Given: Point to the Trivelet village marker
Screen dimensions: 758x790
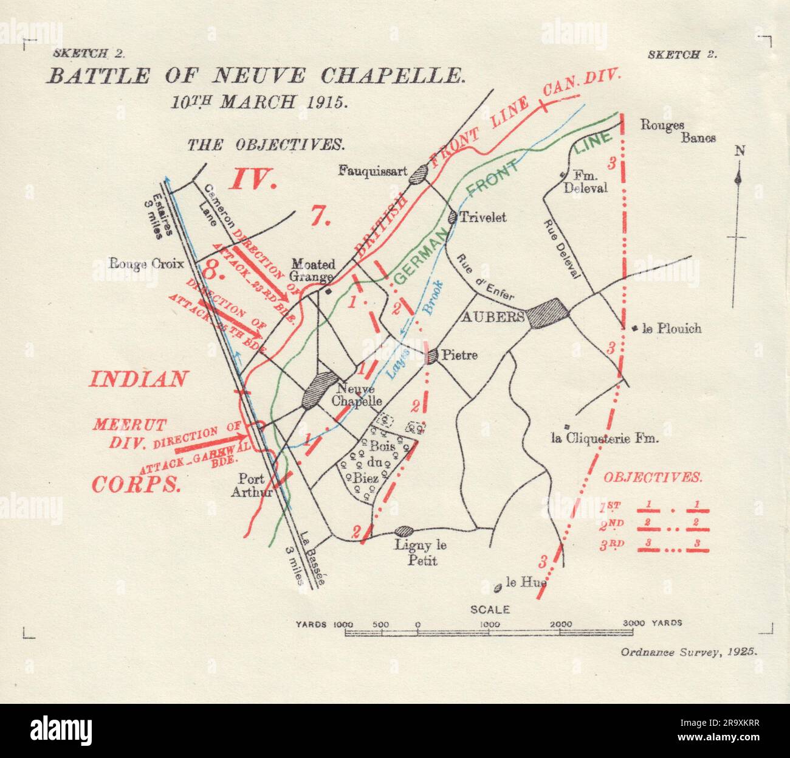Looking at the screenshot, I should pos(452,217).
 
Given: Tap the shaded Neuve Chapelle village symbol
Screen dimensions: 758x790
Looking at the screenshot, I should pos(318,389).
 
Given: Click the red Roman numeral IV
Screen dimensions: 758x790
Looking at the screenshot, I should pos(253,179).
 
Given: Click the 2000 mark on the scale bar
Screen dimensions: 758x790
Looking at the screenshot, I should pos(560,624).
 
